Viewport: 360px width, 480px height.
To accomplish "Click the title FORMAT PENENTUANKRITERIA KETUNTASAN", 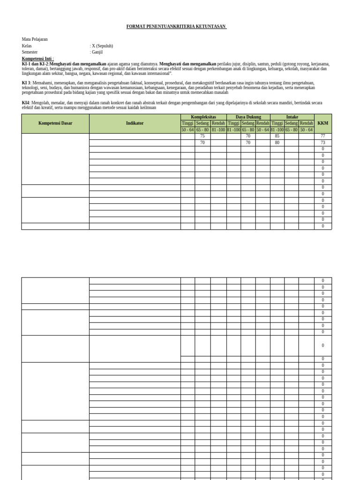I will (176, 27).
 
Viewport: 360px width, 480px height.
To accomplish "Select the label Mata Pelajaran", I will (35, 39).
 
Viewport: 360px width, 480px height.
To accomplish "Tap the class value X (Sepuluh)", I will (102, 46).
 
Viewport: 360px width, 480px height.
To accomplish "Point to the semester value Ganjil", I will (97, 52).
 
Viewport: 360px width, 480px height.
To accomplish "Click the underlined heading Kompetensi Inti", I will (37, 59).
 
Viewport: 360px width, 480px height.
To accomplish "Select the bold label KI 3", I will (26, 82).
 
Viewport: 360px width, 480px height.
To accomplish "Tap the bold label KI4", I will (25, 103).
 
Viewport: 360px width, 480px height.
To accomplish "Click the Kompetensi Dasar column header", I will (55, 123).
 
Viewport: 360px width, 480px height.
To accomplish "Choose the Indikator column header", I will (135, 123).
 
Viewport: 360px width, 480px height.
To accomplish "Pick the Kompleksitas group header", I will (203, 117).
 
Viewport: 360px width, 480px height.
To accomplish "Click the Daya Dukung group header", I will (248, 117).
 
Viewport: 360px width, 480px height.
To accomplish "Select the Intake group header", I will (292, 117).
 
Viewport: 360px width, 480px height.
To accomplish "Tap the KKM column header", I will (322, 123).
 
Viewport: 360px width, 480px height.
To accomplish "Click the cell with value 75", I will (202, 136).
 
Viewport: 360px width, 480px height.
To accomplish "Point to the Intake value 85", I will (277, 136).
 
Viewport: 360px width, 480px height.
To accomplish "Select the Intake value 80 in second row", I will (277, 142).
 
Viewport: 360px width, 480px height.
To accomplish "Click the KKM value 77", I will (322, 136).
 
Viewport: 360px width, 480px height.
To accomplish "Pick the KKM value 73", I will (322, 142).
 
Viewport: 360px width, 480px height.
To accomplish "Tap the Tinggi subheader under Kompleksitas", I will (187, 123).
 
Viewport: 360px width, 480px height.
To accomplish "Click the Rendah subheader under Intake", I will (307, 123).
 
